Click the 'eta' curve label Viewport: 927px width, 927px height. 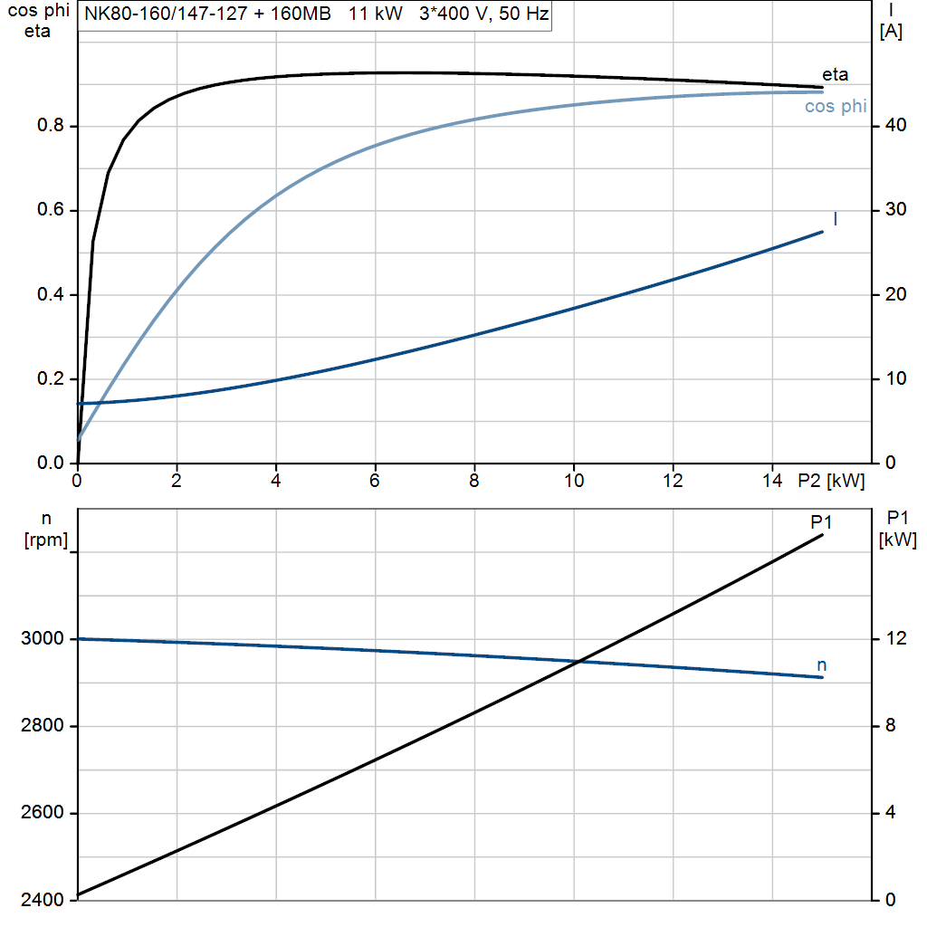(x=835, y=74)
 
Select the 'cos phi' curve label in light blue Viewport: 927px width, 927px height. (x=835, y=107)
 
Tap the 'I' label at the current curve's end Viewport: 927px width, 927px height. (x=834, y=219)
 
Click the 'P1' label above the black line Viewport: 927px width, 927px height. (x=821, y=521)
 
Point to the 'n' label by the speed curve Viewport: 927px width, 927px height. (x=822, y=665)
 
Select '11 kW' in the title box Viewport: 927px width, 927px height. (x=376, y=14)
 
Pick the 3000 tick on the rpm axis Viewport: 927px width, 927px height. (x=42, y=639)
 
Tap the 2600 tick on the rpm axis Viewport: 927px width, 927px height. (x=42, y=813)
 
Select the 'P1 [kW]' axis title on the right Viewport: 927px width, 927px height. (x=897, y=530)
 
